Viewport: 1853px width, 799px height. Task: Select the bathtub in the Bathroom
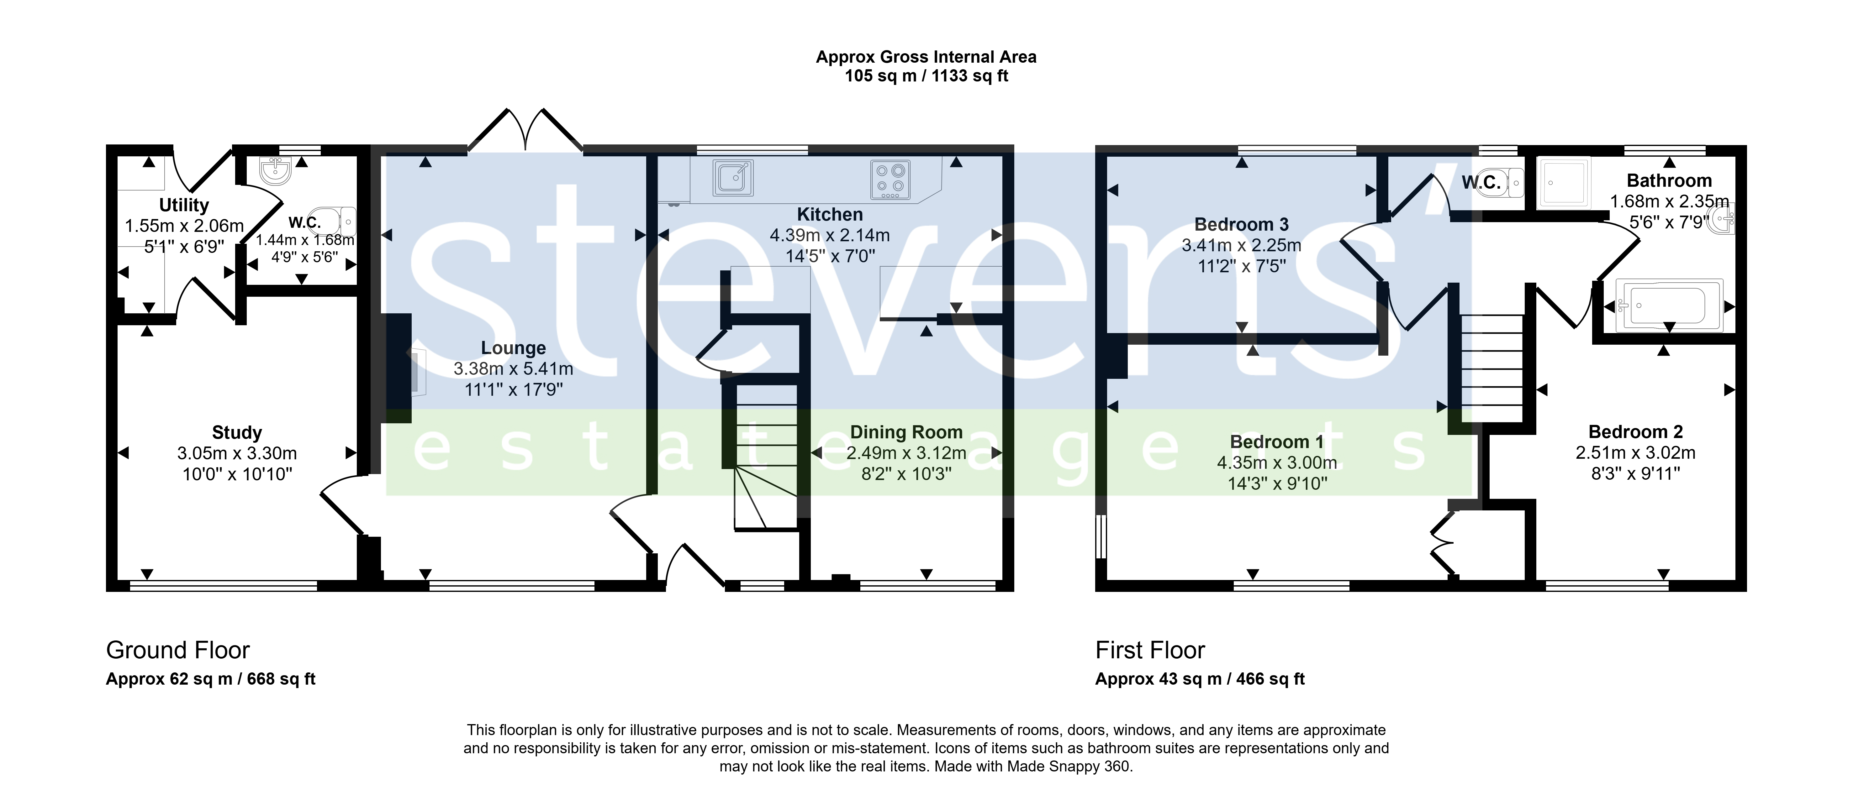click(1669, 305)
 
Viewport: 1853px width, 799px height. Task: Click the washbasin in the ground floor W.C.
click(275, 171)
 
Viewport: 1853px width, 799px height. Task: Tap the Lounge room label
click(514, 348)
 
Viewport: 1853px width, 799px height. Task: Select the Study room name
click(237, 432)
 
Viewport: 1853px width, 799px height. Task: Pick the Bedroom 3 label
click(1242, 224)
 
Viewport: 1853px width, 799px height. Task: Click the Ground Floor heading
click(178, 650)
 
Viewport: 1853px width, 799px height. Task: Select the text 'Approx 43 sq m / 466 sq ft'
click(1200, 679)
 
